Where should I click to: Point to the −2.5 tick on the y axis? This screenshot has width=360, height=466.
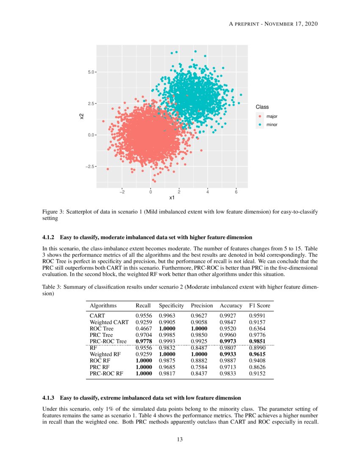[x=90, y=166]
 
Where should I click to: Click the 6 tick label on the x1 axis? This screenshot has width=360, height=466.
[x=236, y=191]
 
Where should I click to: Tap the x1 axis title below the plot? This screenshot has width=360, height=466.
[x=172, y=198]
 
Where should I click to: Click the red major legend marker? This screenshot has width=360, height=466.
[x=260, y=116]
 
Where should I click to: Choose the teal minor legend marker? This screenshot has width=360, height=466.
[x=260, y=125]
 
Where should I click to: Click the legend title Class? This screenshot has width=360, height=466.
[x=262, y=107]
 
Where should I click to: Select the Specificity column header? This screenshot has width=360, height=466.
[x=171, y=305]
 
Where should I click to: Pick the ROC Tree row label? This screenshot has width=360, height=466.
[x=102, y=328]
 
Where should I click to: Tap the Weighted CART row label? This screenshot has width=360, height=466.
[x=109, y=322]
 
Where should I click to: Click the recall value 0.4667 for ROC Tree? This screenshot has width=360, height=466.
[x=144, y=328]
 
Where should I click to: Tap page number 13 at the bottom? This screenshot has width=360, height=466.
[x=180, y=439]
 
